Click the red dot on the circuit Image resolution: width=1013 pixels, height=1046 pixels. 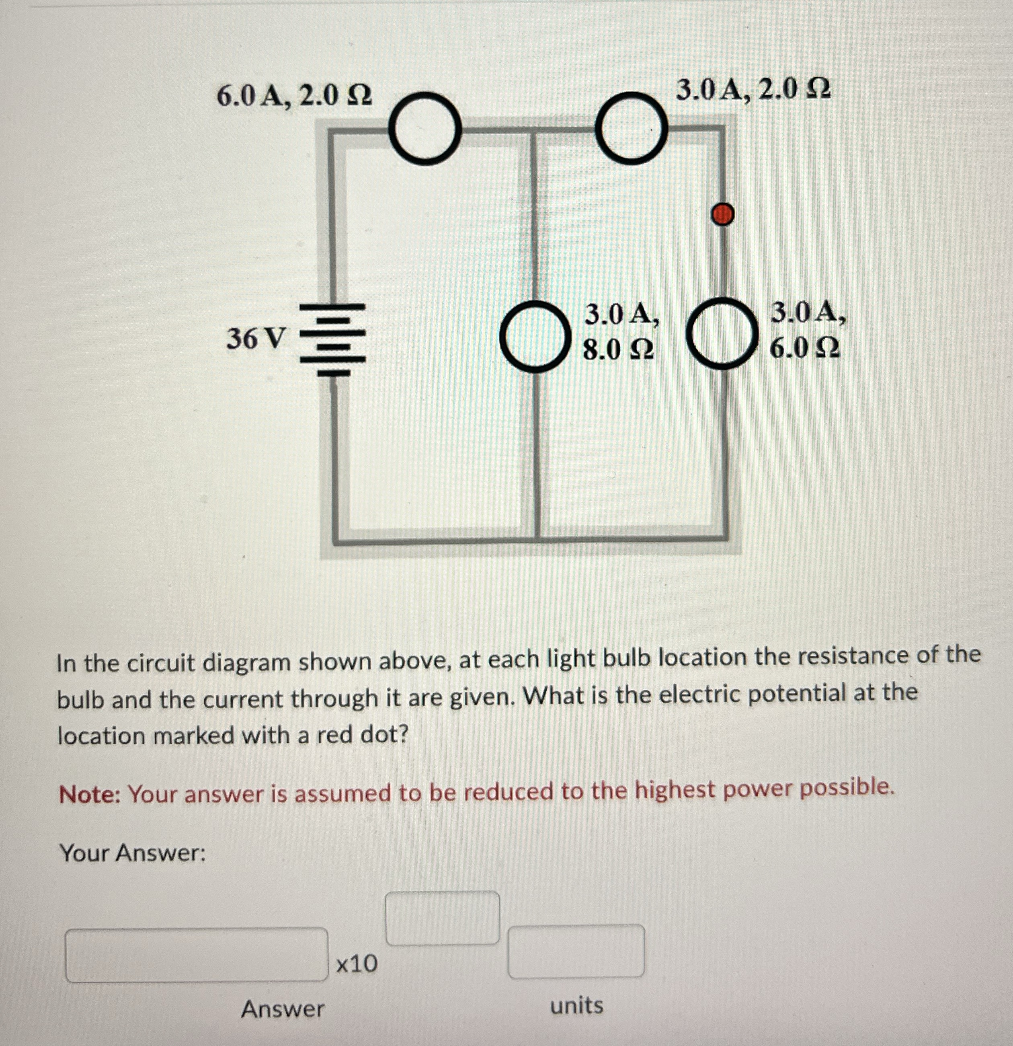(x=723, y=215)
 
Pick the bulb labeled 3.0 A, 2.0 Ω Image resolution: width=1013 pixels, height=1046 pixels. (x=632, y=127)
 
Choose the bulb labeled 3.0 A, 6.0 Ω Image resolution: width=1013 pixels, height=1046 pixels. (x=722, y=334)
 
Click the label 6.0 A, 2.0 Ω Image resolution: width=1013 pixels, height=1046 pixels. (x=294, y=97)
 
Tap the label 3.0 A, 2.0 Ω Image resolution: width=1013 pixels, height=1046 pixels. (x=753, y=89)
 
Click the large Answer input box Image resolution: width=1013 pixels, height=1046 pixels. (x=196, y=955)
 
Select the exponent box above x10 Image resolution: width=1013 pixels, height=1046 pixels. (x=442, y=918)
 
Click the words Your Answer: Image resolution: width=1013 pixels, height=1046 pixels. (x=133, y=853)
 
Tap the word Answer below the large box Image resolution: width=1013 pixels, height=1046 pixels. (x=282, y=1009)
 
